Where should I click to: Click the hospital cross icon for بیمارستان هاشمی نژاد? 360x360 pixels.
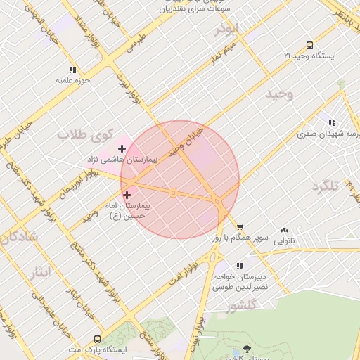(x=122, y=148)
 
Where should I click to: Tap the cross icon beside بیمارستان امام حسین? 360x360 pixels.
(x=127, y=195)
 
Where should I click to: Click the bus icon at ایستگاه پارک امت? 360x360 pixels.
(x=96, y=338)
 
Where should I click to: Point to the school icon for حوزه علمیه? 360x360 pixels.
(x=72, y=70)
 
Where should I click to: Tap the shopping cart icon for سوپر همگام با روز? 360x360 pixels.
(x=240, y=227)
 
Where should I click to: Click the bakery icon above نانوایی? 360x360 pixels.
(x=285, y=229)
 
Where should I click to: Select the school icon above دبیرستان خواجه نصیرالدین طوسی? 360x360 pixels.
(x=240, y=266)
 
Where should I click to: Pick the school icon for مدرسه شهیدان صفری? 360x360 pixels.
(x=332, y=122)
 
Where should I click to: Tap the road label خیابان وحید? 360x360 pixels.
(x=186, y=141)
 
